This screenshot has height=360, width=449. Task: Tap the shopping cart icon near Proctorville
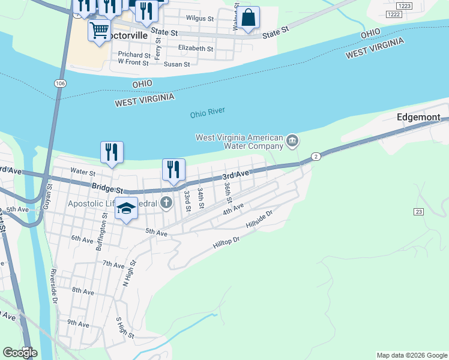coord(99,29)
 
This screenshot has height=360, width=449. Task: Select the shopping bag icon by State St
coord(249,17)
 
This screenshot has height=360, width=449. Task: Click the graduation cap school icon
coord(126,208)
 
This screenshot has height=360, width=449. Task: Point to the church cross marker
coord(166,203)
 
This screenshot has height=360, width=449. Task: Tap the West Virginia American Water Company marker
coord(292,142)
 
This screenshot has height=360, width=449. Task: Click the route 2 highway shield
coord(316,157)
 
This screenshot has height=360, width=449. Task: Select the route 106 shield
coord(59,82)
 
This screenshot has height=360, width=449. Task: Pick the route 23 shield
coord(418,212)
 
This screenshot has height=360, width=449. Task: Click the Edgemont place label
coord(419,118)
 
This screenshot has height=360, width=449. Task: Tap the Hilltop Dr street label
coord(226,242)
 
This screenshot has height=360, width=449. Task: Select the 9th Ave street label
coord(78,323)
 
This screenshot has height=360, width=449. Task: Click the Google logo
coord(20,352)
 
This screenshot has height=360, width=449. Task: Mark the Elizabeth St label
coord(196,48)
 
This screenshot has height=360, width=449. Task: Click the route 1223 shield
coord(393,14)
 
